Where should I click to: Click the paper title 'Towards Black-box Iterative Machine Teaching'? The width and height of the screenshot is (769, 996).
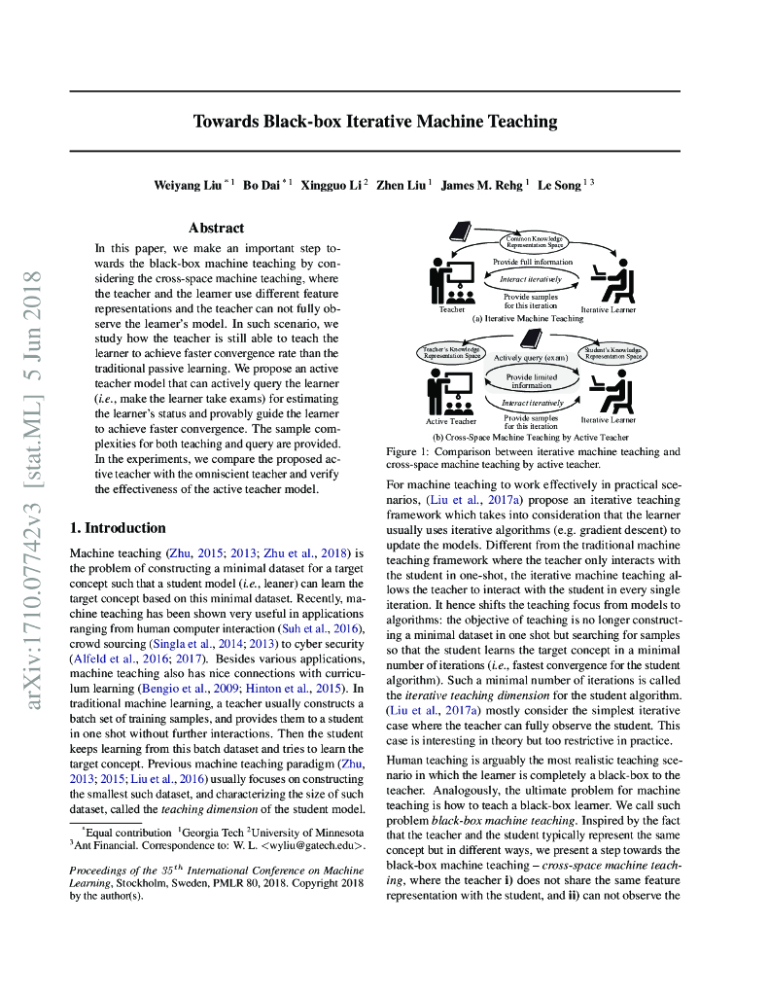pyautogui.click(x=375, y=122)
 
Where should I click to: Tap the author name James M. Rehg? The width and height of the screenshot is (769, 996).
pyautogui.click(x=483, y=185)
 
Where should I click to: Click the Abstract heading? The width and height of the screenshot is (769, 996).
pyautogui.click(x=216, y=228)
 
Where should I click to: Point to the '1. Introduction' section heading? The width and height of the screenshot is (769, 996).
pyautogui.click(x=118, y=528)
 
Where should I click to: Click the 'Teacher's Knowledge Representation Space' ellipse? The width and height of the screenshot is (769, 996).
pyautogui.click(x=452, y=352)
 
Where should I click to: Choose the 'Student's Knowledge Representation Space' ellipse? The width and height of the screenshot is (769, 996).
pyautogui.click(x=612, y=352)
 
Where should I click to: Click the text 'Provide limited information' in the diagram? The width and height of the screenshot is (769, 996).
pyautogui.click(x=530, y=380)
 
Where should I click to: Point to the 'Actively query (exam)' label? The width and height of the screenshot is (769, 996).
pyautogui.click(x=531, y=357)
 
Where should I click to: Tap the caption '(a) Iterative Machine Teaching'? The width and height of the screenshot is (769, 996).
pyautogui.click(x=528, y=318)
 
